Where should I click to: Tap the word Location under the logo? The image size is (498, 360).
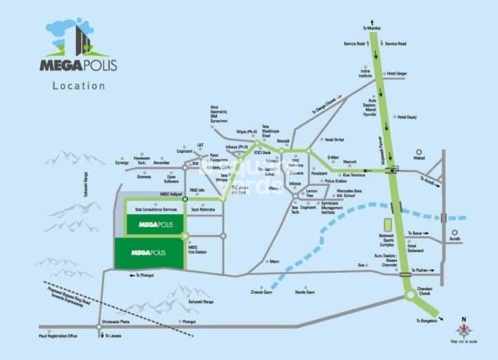79,86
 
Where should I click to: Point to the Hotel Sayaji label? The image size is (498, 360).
407,117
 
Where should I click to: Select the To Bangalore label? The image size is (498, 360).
427,321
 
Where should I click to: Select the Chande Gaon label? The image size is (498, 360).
262,292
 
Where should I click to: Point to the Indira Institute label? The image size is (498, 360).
365,73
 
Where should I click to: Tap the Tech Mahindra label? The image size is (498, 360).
204,209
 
